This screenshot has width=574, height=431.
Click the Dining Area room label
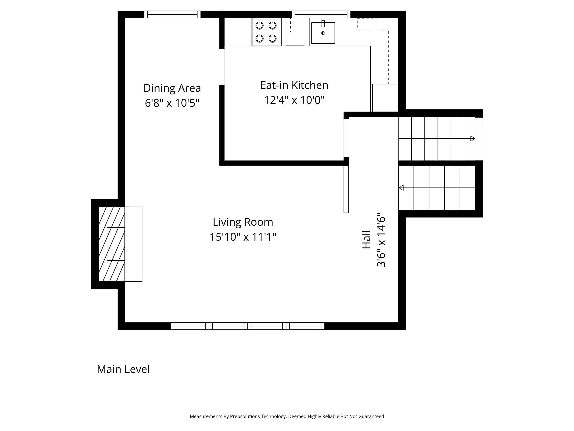tap(172, 88)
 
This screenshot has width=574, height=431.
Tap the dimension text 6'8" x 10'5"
tap(172, 103)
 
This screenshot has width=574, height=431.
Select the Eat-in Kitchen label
tap(294, 85)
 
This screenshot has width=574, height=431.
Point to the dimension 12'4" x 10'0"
tap(294, 100)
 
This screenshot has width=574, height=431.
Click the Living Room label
tap(243, 222)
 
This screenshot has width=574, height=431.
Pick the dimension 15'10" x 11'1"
tap(243, 237)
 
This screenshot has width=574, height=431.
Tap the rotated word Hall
tap(366, 240)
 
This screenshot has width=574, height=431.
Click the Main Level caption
tap(123, 369)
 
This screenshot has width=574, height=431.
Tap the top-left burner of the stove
tap(259, 26)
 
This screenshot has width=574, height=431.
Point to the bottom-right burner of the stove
tap(273, 39)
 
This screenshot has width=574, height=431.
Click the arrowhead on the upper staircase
tap(473, 138)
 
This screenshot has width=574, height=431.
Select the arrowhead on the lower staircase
tap(401, 188)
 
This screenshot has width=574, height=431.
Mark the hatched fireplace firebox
tap(112, 244)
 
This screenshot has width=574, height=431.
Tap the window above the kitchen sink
tap(321, 14)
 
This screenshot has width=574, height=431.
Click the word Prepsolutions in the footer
tap(245, 417)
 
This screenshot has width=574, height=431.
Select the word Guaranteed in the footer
tap(371, 417)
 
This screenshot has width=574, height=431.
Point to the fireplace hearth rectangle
tap(134, 244)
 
